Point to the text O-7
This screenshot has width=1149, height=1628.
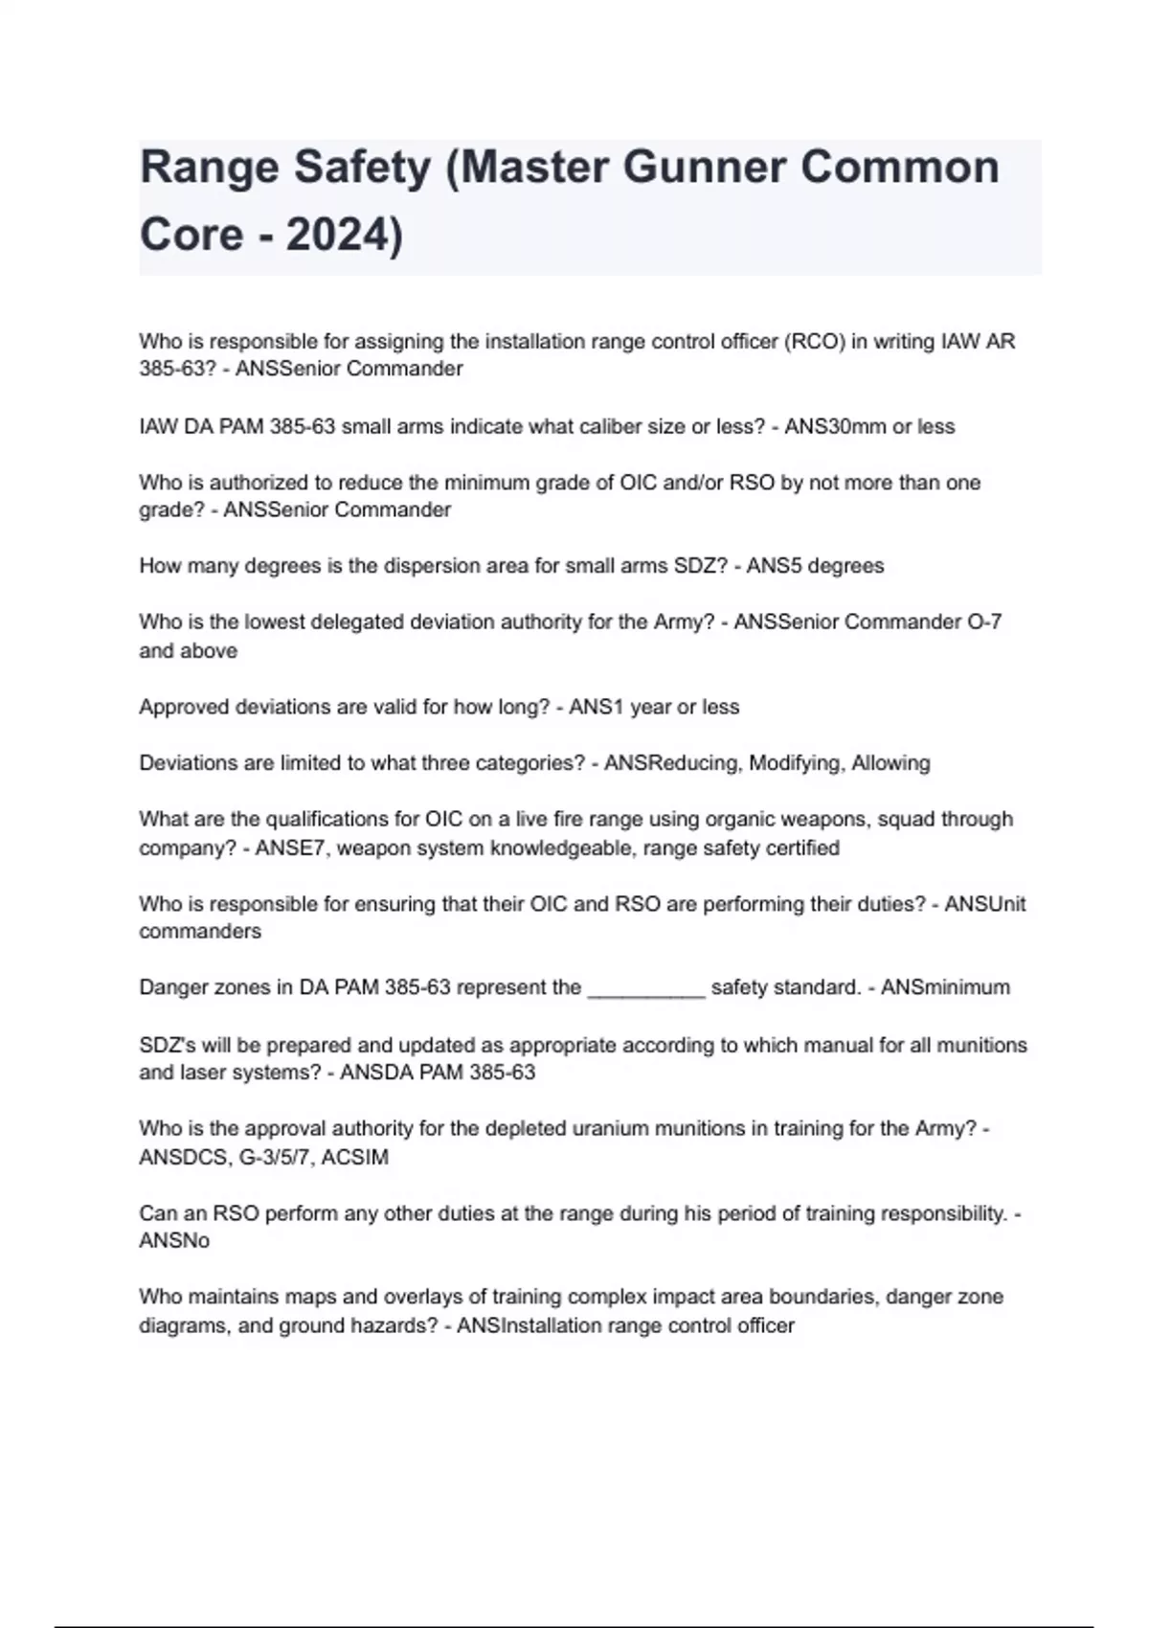[x=984, y=622]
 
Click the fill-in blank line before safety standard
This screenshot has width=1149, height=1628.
[x=646, y=988]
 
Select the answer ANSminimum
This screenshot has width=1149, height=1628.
[x=945, y=988]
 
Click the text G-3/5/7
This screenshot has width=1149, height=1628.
[x=275, y=1157]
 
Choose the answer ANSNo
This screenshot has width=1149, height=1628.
[x=174, y=1241]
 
